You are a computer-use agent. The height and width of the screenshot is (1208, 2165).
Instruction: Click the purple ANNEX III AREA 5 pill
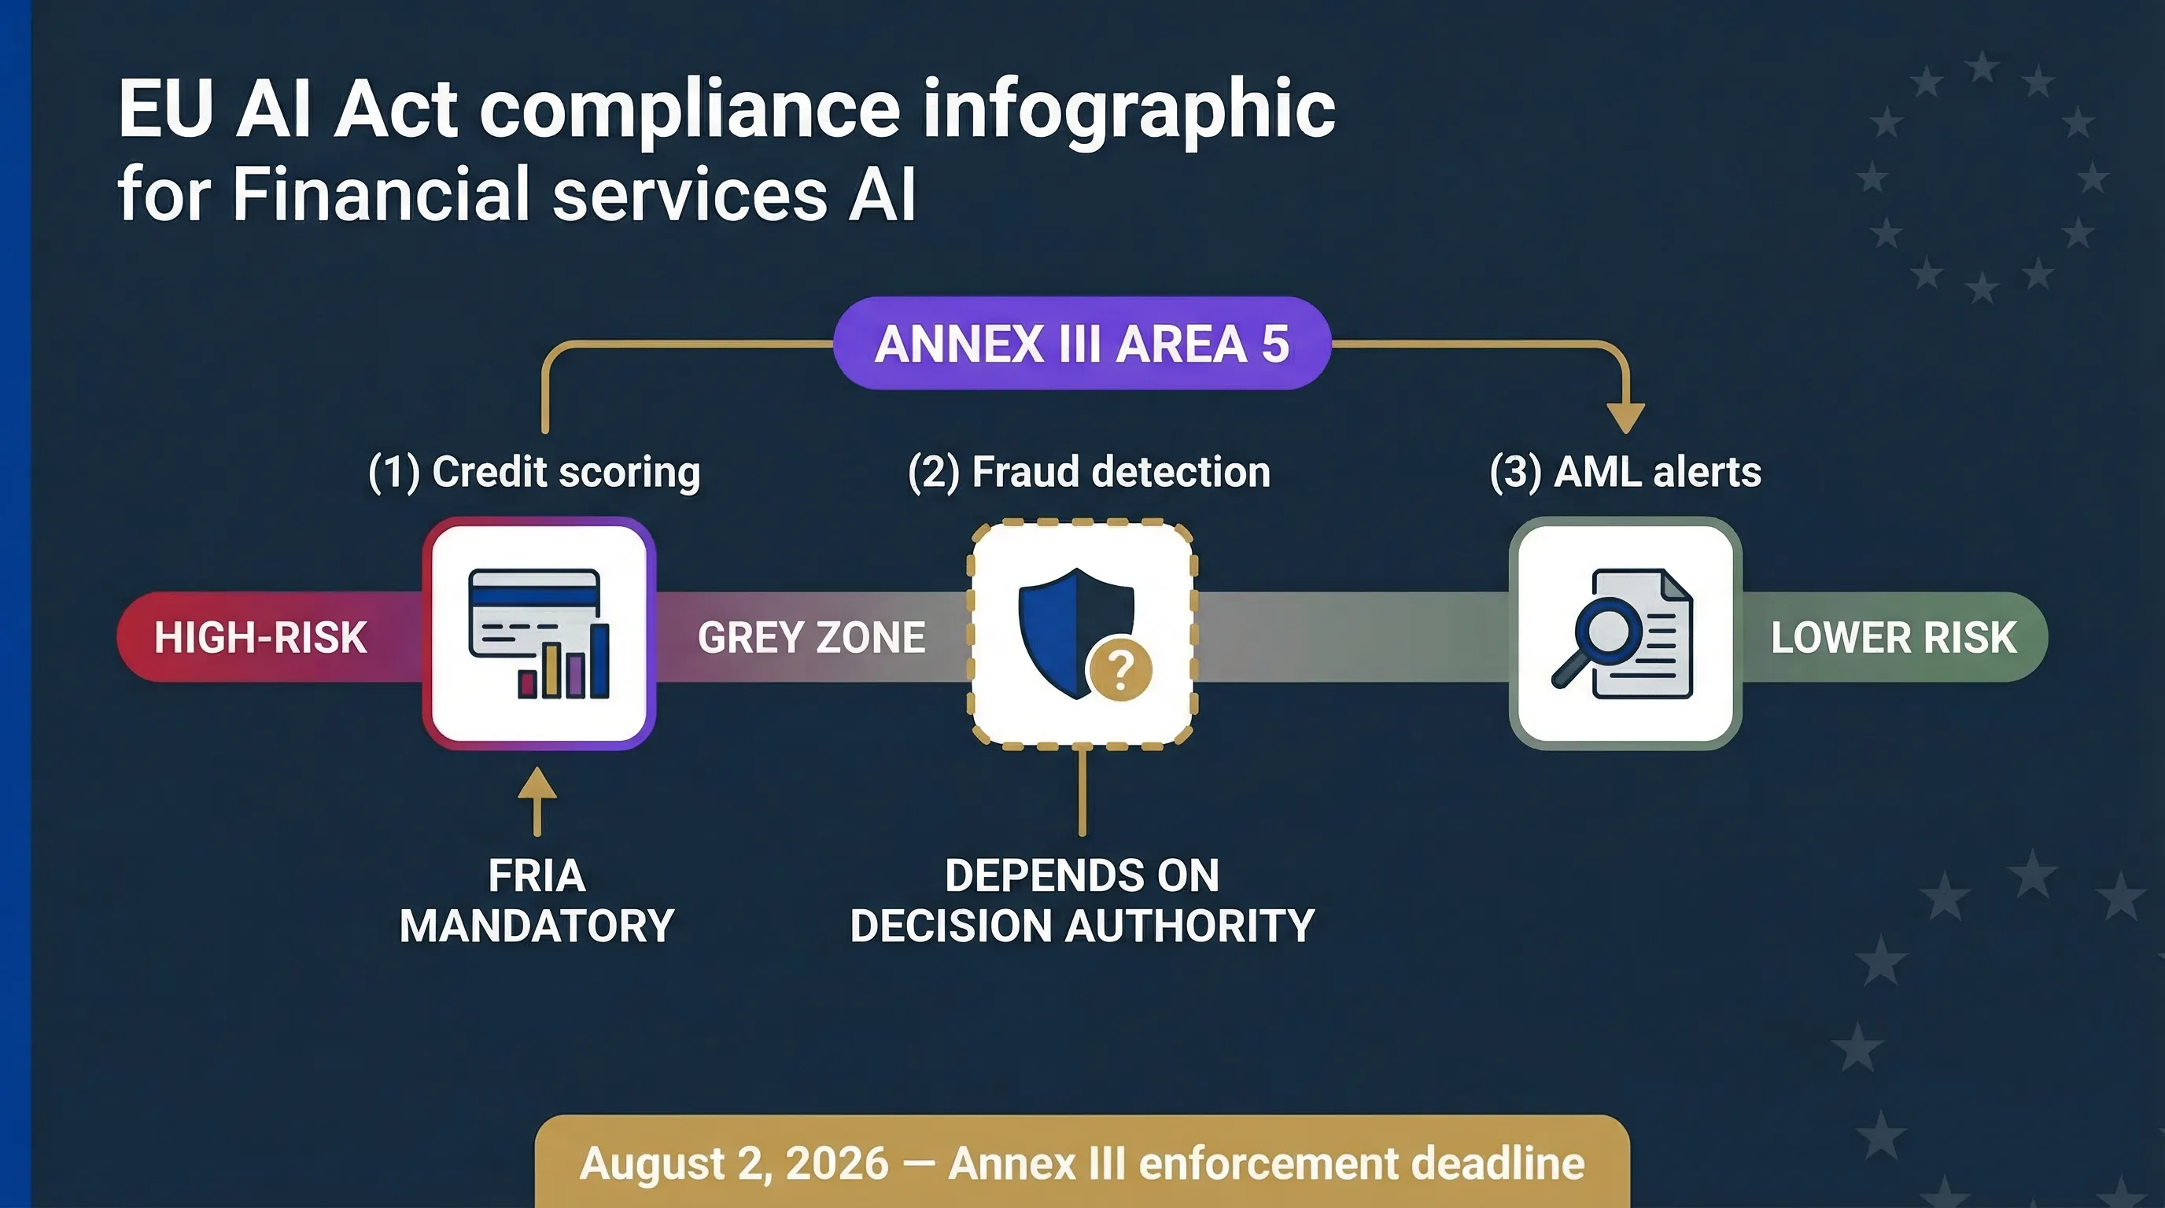pyautogui.click(x=1082, y=343)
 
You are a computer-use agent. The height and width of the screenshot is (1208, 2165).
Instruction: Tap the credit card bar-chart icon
pyautogui.click(x=539, y=633)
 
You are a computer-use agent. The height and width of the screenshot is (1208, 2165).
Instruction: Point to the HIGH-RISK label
pyautogui.click(x=260, y=638)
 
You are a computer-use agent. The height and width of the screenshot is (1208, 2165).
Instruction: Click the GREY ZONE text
pyautogui.click(x=811, y=638)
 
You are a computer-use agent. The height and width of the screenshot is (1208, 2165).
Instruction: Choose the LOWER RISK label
pyautogui.click(x=1893, y=638)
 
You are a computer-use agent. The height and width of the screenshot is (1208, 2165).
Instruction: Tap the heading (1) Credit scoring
pyautogui.click(x=534, y=472)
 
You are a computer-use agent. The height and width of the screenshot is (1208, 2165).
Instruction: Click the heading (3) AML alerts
pyautogui.click(x=1625, y=472)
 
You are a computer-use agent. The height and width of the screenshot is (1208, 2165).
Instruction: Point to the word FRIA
pyautogui.click(x=537, y=876)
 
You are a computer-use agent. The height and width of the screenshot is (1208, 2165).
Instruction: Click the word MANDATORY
pyautogui.click(x=537, y=926)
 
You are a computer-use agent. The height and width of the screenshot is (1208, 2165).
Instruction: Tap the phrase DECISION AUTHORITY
pyautogui.click(x=1082, y=926)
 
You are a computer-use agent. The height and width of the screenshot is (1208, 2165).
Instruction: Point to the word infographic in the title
pyautogui.click(x=1129, y=109)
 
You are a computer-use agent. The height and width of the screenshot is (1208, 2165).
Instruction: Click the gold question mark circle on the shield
pyautogui.click(x=1119, y=669)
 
